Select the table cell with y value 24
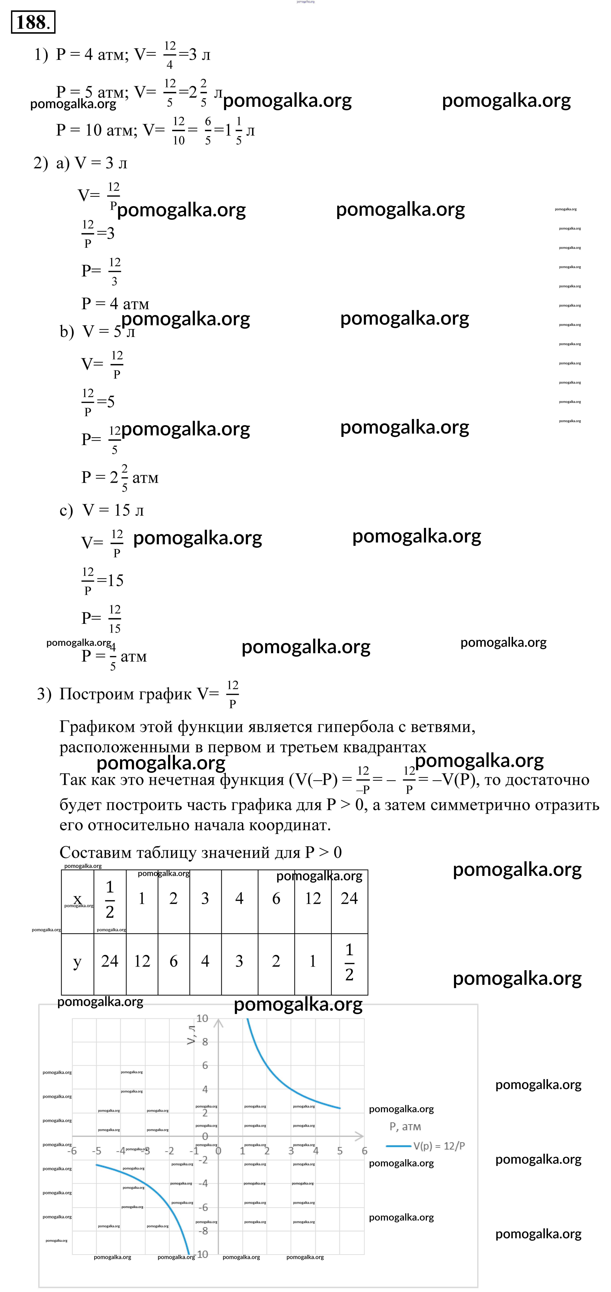coord(110,961)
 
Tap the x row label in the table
coord(77,898)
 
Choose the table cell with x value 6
coord(276,898)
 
